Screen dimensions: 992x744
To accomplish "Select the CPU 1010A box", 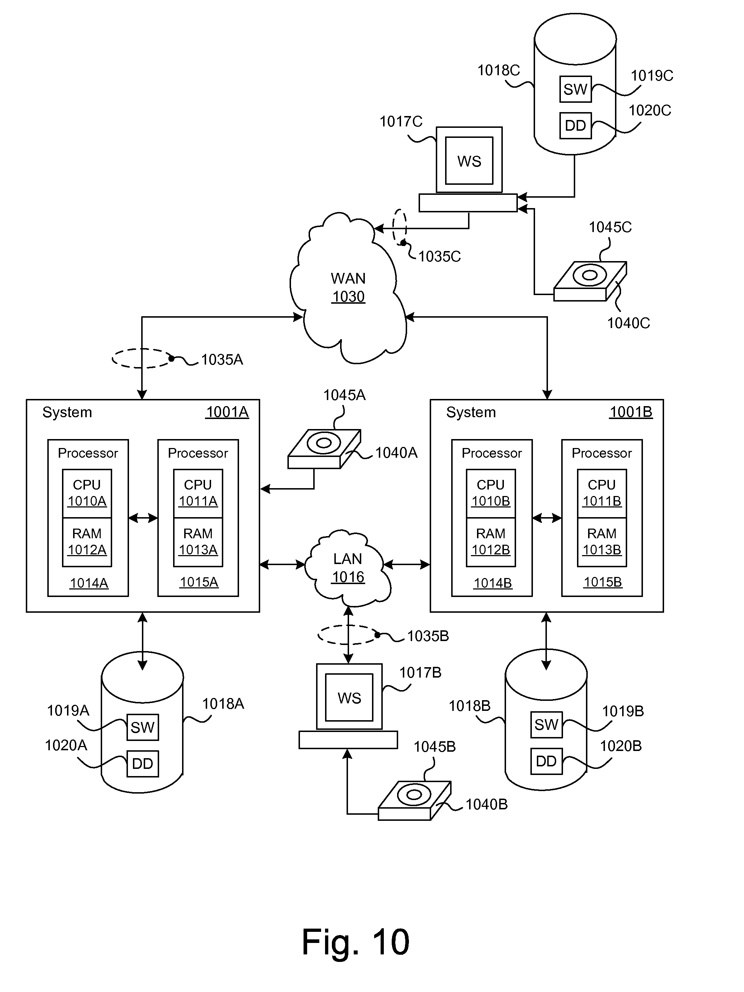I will [x=87, y=493].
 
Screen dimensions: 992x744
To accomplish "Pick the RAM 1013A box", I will [x=198, y=542].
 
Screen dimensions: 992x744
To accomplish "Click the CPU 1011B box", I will [x=602, y=493].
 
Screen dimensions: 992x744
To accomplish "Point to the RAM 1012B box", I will [x=491, y=542].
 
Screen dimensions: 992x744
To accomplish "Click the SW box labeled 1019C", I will [x=575, y=89].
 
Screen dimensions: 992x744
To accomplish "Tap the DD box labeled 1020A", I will [x=143, y=763].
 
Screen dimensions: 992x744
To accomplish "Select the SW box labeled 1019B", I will [x=546, y=724].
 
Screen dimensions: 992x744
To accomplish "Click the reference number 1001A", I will [x=227, y=412].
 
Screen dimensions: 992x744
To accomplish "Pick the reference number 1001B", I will [x=630, y=412].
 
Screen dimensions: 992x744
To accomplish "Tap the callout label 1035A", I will [x=222, y=360].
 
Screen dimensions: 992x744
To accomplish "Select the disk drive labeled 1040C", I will [x=590, y=281].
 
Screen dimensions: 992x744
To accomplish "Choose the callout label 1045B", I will [x=434, y=747].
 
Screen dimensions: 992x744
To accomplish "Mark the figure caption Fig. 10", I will [x=356, y=942].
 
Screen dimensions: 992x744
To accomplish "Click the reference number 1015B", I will [x=603, y=582].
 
